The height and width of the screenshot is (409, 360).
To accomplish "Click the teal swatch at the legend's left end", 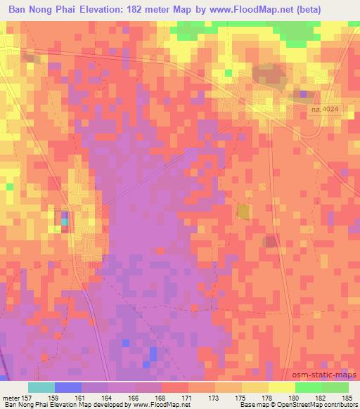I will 41,387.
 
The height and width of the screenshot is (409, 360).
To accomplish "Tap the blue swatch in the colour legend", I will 67,387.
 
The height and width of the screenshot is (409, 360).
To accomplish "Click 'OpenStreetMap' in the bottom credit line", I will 289,405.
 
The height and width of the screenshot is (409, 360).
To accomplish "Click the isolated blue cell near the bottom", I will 125,342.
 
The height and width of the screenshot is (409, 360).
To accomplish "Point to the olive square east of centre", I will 243,212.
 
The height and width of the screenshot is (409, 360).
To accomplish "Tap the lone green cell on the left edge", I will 9,187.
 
